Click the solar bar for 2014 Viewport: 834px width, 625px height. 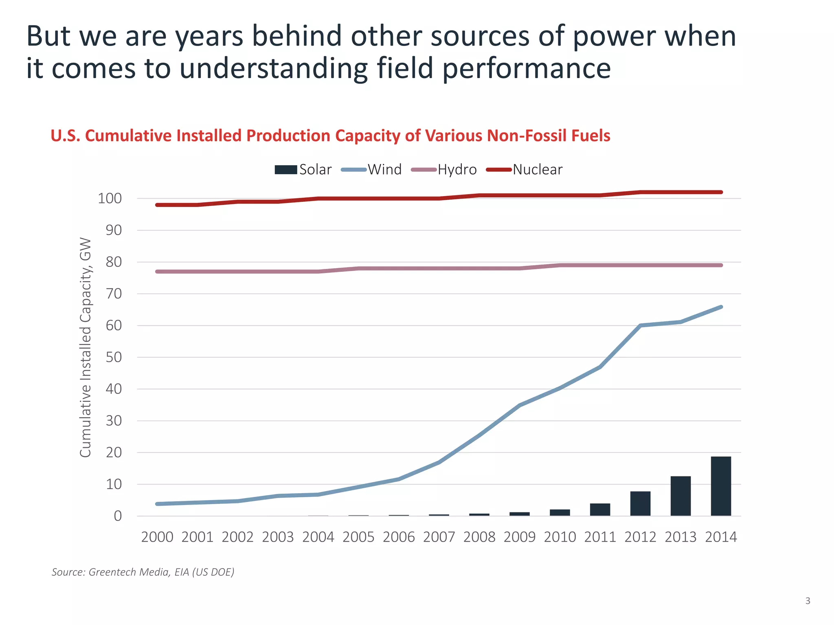pos(721,486)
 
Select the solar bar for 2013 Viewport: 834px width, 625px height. pos(680,496)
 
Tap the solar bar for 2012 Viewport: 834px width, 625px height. pos(640,504)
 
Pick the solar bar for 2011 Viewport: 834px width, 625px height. pos(600,510)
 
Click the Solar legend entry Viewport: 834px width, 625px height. pos(303,170)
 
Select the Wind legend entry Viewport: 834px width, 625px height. pos(371,170)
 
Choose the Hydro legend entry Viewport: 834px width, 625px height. pos(444,170)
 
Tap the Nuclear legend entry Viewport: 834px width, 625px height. pos(525,170)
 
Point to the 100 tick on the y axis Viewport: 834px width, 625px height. pos(110,199)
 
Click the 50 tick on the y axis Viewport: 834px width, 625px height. pos(114,357)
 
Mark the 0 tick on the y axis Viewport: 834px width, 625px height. pos(118,516)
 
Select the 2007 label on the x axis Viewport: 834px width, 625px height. pos(439,537)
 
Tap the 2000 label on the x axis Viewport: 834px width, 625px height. pos(157,537)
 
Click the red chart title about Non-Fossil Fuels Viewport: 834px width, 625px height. pos(330,135)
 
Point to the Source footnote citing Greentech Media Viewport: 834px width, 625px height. pos(143,572)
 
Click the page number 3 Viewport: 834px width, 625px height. pos(808,601)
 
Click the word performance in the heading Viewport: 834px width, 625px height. pos(526,68)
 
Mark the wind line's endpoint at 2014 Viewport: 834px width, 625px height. pos(721,307)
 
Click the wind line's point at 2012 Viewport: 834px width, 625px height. pos(640,326)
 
